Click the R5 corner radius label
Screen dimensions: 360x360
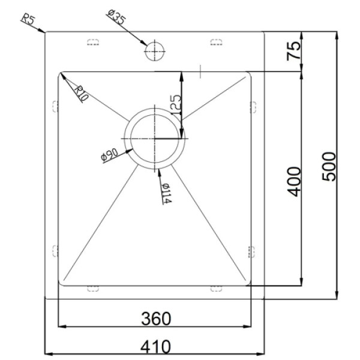pos(28,20)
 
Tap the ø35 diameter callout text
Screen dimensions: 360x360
pos(116,17)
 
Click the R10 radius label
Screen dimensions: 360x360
pos(81,94)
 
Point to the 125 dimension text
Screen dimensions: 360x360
pos(176,104)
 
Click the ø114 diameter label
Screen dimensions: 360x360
pos(166,193)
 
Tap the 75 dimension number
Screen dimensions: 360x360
pos(293,51)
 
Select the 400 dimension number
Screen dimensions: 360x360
pos(293,182)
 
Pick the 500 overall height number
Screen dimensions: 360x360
pos(329,166)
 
